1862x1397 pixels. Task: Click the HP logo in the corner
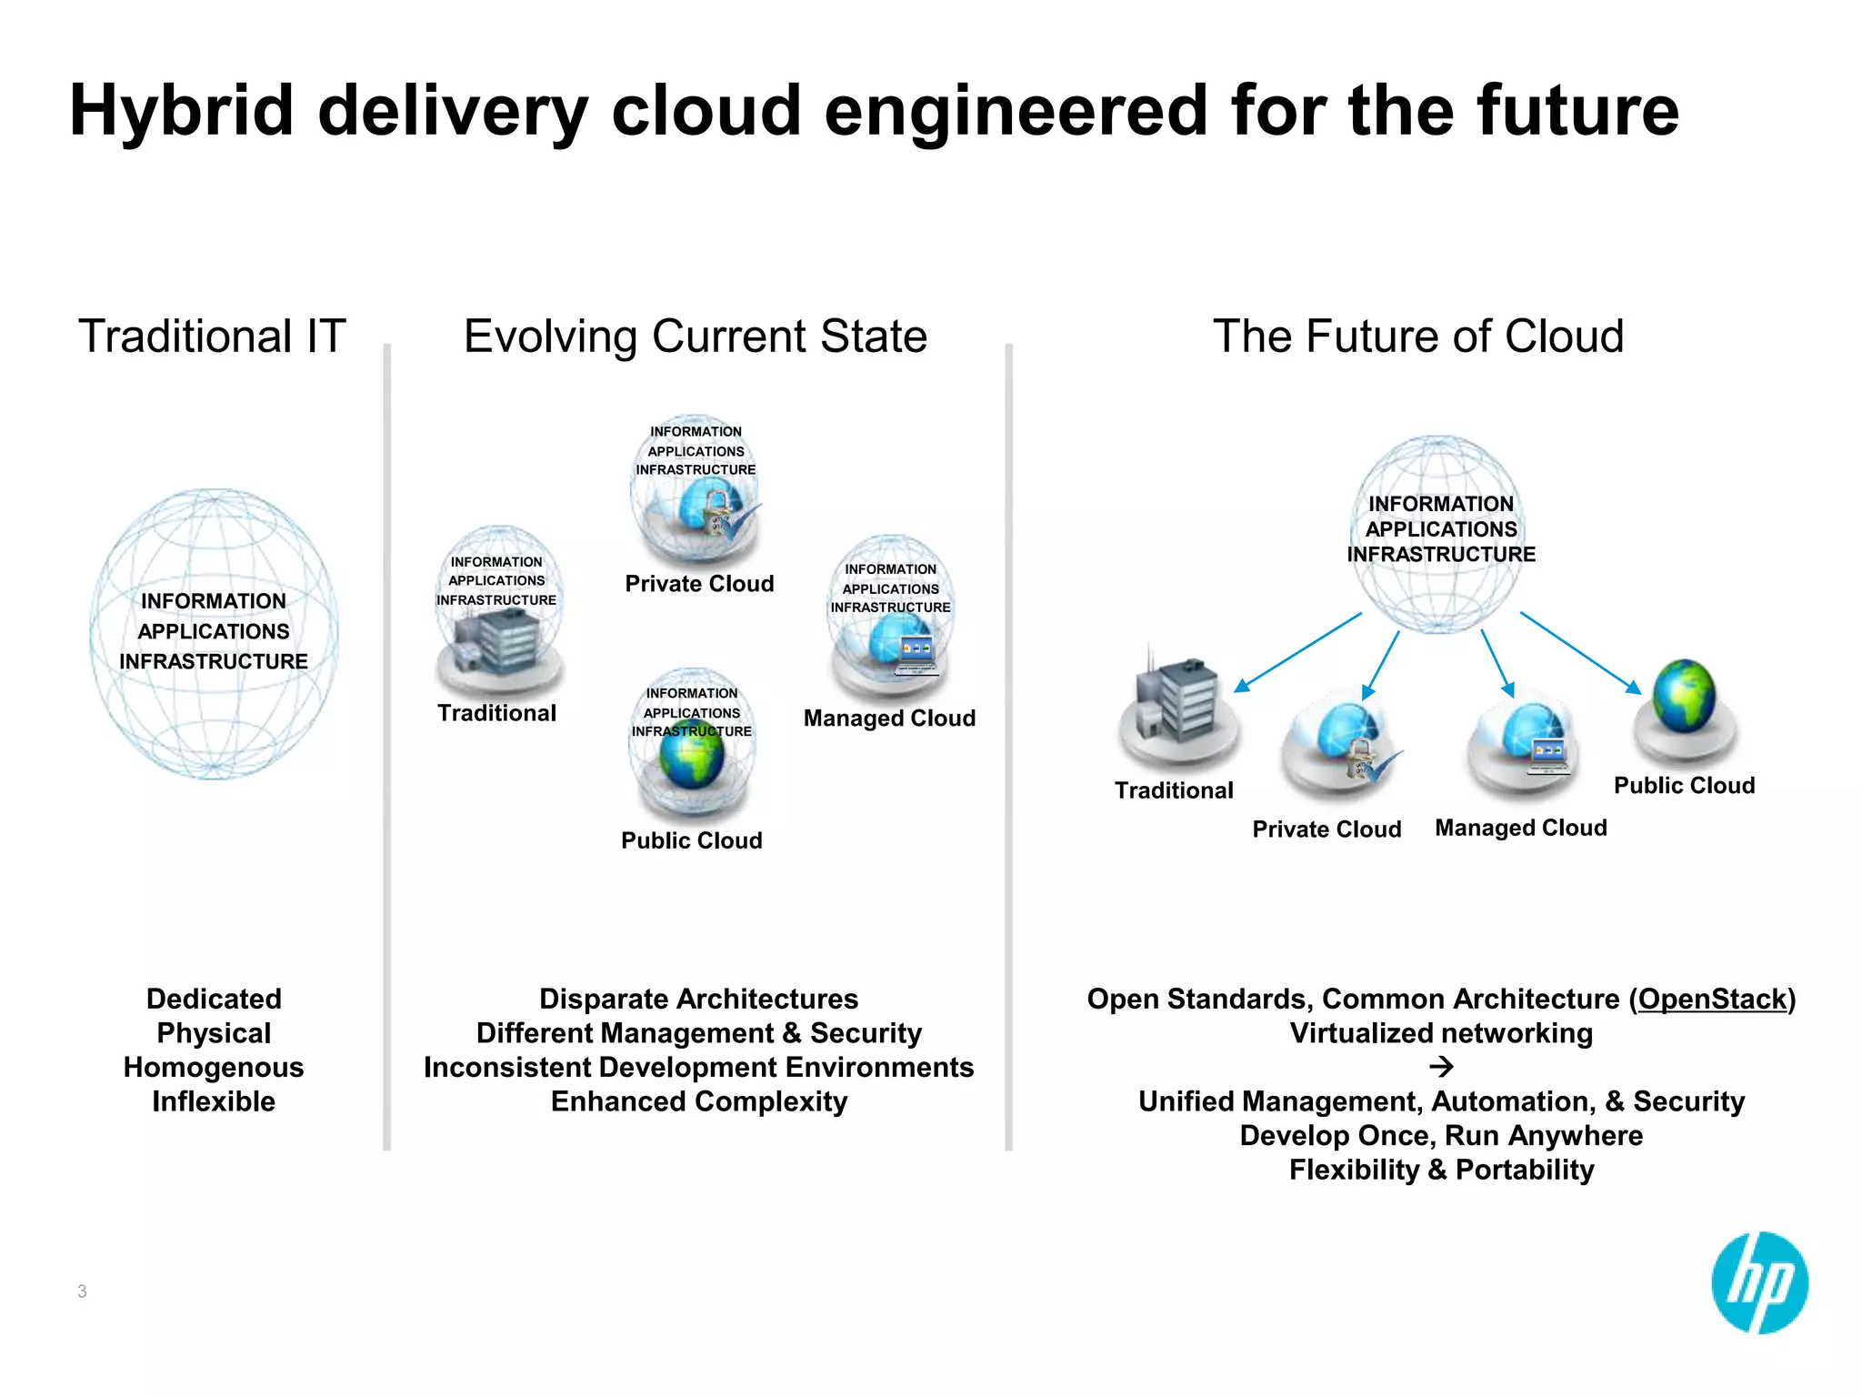point(1759,1282)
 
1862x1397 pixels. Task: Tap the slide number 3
point(82,1291)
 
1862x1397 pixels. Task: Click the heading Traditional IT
point(212,337)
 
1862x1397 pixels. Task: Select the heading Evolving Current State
point(696,337)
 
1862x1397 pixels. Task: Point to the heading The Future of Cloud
point(1418,337)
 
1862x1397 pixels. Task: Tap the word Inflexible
point(214,1102)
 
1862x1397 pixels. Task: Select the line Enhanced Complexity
point(699,1102)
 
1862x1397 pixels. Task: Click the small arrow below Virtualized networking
point(1441,1066)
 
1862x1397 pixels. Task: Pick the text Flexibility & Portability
point(1441,1171)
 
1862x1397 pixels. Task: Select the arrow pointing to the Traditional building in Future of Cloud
point(1297,652)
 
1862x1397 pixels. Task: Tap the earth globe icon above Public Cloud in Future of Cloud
point(1684,697)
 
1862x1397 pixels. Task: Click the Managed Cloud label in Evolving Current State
point(889,719)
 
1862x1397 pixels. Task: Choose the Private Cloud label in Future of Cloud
point(1326,829)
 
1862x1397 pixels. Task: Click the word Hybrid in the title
point(182,111)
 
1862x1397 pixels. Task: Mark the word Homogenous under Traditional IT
point(214,1068)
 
